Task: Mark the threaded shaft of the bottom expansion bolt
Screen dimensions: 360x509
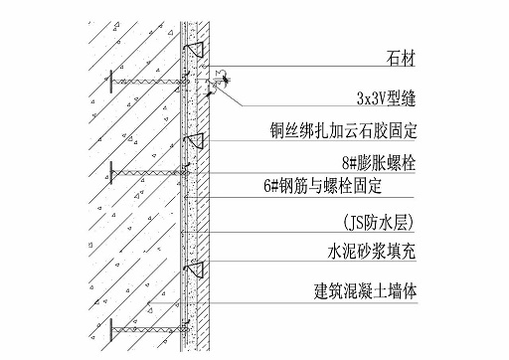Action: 144,325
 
